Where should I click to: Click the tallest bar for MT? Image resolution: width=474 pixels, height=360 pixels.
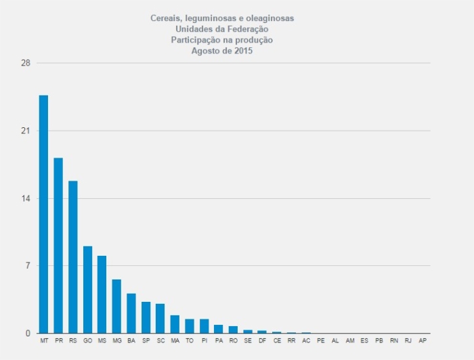click(43, 214)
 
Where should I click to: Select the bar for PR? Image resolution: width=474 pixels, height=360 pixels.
click(58, 245)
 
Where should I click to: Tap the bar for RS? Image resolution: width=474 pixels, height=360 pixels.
click(73, 256)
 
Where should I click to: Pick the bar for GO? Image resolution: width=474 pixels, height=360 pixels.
click(87, 290)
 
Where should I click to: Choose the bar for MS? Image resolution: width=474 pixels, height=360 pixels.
click(102, 294)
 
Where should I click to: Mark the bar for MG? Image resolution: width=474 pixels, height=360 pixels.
click(116, 306)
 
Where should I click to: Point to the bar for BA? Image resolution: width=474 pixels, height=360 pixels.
click(131, 313)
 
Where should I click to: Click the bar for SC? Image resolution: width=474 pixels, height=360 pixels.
click(160, 318)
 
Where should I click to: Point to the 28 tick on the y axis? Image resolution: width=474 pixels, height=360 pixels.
click(26, 64)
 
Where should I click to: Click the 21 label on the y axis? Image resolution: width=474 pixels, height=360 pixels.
click(26, 131)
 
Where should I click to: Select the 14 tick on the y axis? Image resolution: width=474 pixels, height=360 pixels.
click(26, 198)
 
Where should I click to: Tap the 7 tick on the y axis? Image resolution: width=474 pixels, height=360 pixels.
click(28, 265)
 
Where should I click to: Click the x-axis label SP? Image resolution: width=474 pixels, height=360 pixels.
click(146, 341)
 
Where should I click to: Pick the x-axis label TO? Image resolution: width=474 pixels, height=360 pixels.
click(190, 341)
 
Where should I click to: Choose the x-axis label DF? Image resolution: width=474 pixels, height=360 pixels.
click(262, 341)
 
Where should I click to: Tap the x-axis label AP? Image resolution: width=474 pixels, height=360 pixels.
click(423, 341)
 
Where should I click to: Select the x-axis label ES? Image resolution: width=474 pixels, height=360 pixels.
click(364, 341)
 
